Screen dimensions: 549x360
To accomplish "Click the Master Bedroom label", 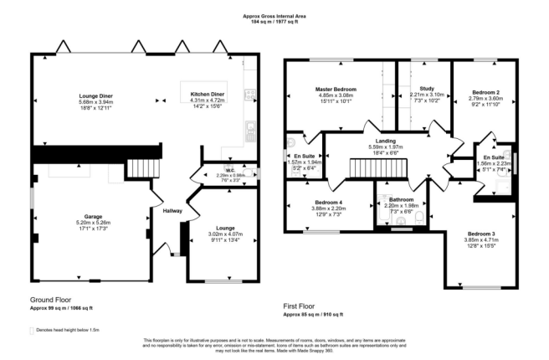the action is pyautogui.click(x=336, y=90).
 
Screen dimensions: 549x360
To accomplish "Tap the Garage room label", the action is pyautogui.click(x=93, y=217).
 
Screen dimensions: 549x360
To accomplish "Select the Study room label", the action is pyautogui.click(x=427, y=89).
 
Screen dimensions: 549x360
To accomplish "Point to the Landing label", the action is pyautogui.click(x=386, y=141).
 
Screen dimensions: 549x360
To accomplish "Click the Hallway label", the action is pyautogui.click(x=172, y=211).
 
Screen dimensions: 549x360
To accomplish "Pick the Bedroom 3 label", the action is pyautogui.click(x=481, y=234).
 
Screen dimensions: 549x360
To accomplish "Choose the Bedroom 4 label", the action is pyautogui.click(x=328, y=203).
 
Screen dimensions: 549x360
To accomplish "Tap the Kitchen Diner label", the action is pyautogui.click(x=208, y=95).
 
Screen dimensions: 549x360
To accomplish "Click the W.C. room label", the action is pyautogui.click(x=230, y=171).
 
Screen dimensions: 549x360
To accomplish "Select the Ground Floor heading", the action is pyautogui.click(x=50, y=300).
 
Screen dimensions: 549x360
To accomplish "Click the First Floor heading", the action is pyautogui.click(x=299, y=306).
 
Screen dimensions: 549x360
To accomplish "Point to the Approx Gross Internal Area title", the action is pyautogui.click(x=274, y=16).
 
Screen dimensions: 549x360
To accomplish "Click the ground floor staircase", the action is pyautogui.click(x=143, y=168).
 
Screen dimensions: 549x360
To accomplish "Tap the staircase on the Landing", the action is pyautogui.click(x=378, y=168).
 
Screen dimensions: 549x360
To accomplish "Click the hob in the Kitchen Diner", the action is pyautogui.click(x=250, y=94).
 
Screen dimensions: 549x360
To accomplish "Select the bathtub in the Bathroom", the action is pyautogui.click(x=382, y=210).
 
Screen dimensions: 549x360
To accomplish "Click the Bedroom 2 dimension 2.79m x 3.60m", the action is pyautogui.click(x=485, y=99).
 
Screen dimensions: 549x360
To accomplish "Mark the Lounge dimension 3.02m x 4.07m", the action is pyautogui.click(x=225, y=234).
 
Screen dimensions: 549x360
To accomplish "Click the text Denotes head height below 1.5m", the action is pyautogui.click(x=68, y=330).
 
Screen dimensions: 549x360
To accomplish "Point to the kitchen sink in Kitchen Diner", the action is pyautogui.click(x=250, y=126).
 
